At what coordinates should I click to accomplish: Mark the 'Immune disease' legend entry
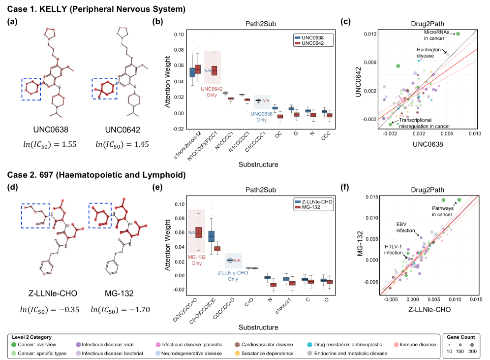[x=416, y=345]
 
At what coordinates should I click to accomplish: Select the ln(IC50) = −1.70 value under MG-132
[x=121, y=310]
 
